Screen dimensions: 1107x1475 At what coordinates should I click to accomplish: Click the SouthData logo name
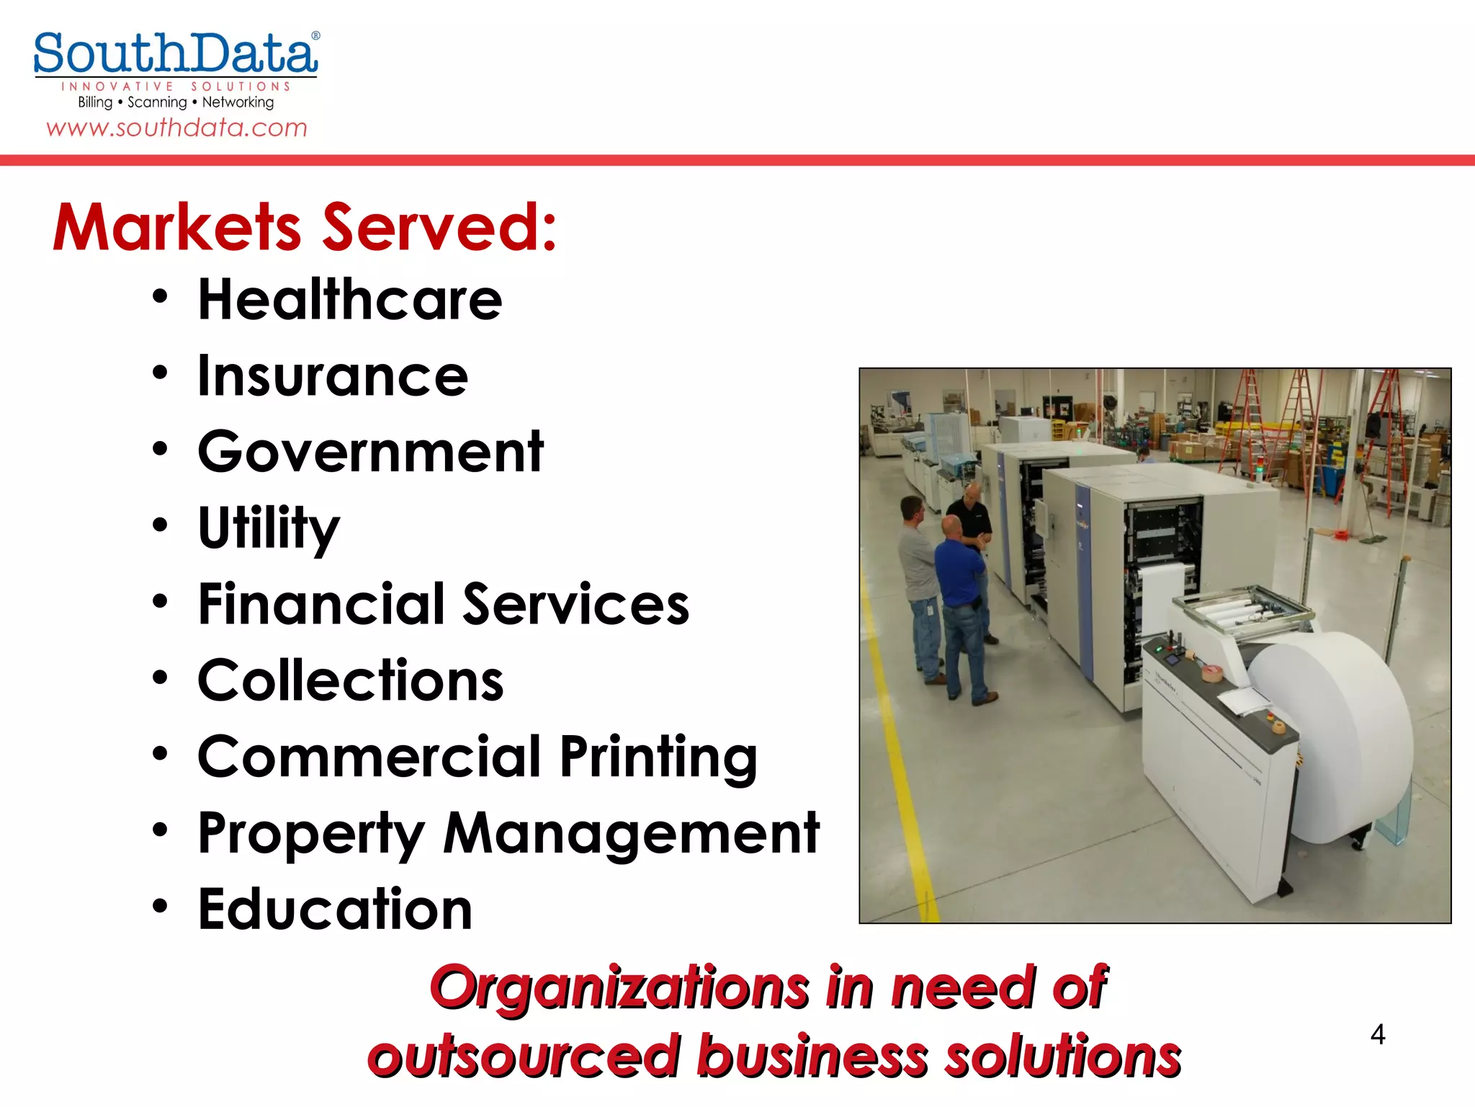[x=175, y=54]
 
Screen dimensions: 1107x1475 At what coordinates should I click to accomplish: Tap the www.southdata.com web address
[x=176, y=128]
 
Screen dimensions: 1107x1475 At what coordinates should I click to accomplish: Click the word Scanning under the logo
[x=157, y=102]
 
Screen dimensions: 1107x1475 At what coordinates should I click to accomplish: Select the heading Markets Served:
[x=305, y=228]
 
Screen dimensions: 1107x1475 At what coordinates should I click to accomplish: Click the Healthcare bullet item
[x=350, y=300]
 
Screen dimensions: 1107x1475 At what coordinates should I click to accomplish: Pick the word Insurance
[x=333, y=376]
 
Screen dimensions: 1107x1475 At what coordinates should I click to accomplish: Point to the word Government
[x=370, y=452]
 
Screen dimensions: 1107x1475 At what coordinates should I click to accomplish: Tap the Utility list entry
[x=268, y=528]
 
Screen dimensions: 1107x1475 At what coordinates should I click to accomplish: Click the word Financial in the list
[x=321, y=604]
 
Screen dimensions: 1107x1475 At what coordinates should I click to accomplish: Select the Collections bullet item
[x=350, y=680]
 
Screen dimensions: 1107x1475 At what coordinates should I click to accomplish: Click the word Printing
[x=658, y=757]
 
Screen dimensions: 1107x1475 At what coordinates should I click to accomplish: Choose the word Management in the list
[x=631, y=833]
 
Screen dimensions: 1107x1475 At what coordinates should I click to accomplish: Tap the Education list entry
[x=335, y=910]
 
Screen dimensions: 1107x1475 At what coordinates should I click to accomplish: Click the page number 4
[x=1377, y=1035]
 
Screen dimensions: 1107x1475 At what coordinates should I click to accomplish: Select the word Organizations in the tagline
[x=619, y=987]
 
